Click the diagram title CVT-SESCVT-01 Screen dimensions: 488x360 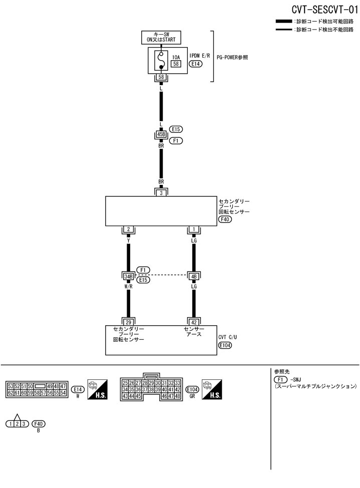(x=323, y=10)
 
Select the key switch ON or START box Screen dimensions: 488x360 (x=161, y=37)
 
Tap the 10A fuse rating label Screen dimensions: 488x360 (x=176, y=57)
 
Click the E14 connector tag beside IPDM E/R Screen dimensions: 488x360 (x=196, y=64)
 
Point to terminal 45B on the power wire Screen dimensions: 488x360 (x=161, y=134)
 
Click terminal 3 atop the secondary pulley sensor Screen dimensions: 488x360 (x=161, y=192)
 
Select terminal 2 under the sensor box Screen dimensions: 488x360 (x=129, y=229)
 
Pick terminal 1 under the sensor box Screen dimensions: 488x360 (x=193, y=229)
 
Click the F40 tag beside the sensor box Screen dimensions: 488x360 (x=225, y=219)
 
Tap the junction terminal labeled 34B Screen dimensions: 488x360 (x=129, y=276)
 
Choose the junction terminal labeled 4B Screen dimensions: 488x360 (x=193, y=276)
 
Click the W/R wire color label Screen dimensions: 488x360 (x=129, y=286)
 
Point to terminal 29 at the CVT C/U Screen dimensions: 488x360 (x=129, y=321)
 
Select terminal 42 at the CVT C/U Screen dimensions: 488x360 (x=193, y=321)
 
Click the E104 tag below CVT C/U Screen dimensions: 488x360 (x=225, y=346)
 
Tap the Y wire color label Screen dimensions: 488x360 (x=129, y=240)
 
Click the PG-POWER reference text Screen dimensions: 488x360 (x=232, y=57)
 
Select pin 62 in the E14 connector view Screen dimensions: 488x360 (x=11, y=393)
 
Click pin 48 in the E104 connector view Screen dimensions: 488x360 (x=177, y=396)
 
